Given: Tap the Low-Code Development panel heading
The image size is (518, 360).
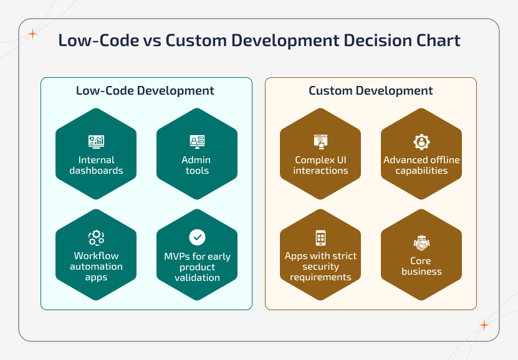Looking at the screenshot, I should tap(145, 90).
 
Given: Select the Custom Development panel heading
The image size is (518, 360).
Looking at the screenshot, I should tap(371, 90).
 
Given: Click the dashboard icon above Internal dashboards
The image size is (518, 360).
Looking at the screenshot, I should tap(96, 141).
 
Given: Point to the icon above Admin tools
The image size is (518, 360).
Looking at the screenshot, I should tap(197, 141).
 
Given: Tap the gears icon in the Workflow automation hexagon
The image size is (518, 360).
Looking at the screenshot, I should tap(96, 237).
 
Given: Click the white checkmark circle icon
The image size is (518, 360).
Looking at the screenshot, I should tap(197, 237).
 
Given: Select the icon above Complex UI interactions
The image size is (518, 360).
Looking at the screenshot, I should tap(320, 141).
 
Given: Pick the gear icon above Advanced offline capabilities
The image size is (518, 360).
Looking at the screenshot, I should tap(421, 141).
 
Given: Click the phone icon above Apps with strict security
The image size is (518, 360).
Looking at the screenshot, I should tap(320, 237).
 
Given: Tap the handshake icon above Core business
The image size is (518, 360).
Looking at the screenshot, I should tap(421, 242).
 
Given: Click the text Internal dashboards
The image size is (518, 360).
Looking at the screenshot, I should tap(96, 165).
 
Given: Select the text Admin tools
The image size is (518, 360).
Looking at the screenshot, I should tap(197, 165).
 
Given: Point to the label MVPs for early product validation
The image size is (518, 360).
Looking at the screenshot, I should tap(197, 267).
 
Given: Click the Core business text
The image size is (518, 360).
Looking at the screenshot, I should tap(421, 266).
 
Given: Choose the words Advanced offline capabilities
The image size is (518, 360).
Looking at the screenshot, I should tap(421, 165).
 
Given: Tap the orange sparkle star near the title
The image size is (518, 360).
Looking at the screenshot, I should tap(32, 34).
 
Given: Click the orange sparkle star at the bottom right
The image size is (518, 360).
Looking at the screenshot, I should tap(484, 324).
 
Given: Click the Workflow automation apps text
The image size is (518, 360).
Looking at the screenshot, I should tap(96, 266).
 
